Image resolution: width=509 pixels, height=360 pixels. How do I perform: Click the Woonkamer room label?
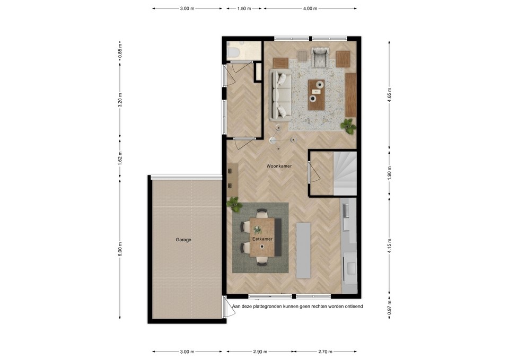pos(279,166)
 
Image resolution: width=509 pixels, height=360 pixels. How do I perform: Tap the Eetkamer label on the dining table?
pos(262,239)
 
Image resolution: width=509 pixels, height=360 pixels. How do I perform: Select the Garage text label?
pos(183,240)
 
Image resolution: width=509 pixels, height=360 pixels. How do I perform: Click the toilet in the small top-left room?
pos(233,51)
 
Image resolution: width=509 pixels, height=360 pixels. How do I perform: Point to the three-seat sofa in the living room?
pos(281,94)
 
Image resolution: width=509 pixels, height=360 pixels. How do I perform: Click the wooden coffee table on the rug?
pos(317,94)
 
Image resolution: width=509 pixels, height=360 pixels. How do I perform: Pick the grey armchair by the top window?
pos(320,57)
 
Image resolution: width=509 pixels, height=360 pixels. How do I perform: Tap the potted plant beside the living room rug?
pos(348,126)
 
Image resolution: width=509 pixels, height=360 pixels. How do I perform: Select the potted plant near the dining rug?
pos(233,203)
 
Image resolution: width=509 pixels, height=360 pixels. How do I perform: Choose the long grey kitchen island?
pos(303,250)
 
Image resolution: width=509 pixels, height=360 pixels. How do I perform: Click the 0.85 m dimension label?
pos(120,50)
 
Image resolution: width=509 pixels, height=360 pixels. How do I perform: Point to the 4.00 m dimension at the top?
pos(310,8)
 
